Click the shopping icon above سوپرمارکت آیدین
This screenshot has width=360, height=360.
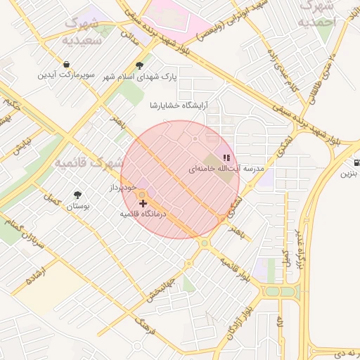click(65, 64)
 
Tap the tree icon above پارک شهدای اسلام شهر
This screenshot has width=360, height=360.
click(139, 65)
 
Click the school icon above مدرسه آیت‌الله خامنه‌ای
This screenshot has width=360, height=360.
click(226, 158)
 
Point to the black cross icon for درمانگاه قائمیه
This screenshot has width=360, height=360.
click(143, 203)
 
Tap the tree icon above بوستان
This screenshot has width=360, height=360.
click(77, 195)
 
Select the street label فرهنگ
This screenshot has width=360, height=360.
click(145, 325)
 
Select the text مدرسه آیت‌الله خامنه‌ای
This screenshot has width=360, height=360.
click(225, 170)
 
